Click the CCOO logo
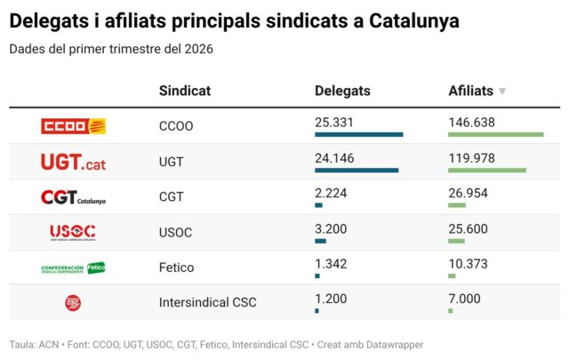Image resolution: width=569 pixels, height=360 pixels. pos(73,126)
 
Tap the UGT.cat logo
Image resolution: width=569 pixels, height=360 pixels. pos(73,162)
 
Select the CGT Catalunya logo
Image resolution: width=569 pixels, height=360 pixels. pos(73,197)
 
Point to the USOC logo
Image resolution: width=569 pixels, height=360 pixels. pos(73,232)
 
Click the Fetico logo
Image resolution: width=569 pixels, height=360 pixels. pos(73,268)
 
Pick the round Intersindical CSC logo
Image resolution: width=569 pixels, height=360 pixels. pos(73,302)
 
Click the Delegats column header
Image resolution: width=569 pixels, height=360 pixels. pos(342,91)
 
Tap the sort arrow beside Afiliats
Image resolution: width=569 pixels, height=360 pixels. pos(502,92)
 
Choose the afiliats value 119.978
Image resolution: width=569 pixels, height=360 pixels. pos(471,157)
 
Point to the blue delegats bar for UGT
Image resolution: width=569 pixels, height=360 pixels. pos(357,170)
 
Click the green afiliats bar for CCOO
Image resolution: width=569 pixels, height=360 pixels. pos(495,134)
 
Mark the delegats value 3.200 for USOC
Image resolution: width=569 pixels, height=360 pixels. pos(331,228)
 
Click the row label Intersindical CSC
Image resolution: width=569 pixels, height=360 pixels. pos(207,302)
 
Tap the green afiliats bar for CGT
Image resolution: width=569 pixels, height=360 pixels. pos(457,205)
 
